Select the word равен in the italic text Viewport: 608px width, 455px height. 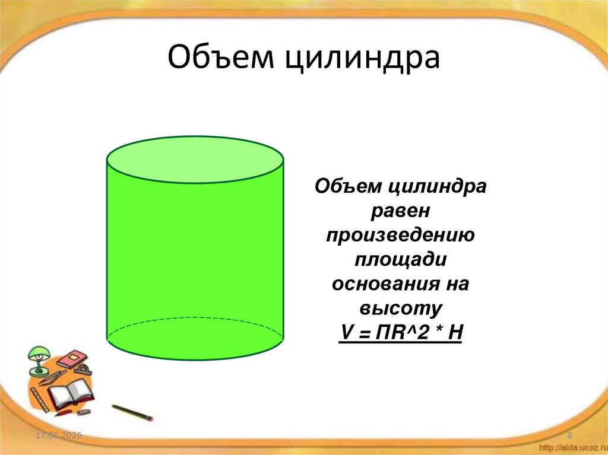(x=401, y=211)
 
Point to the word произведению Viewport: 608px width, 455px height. (x=401, y=236)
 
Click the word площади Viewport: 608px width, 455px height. (x=401, y=260)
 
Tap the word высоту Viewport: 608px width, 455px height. (x=401, y=309)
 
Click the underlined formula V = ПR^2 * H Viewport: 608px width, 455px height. (x=401, y=332)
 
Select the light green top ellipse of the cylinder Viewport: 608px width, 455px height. (x=195, y=160)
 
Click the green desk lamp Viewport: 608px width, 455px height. (x=37, y=359)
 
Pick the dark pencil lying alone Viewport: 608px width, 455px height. (x=132, y=412)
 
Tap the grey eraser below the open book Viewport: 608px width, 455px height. (x=83, y=411)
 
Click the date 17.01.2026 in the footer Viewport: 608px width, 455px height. (x=58, y=437)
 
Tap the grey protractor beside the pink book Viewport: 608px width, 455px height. (x=85, y=370)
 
